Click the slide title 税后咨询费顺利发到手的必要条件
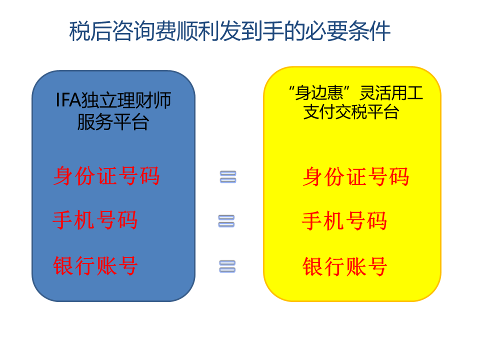coord(229,31)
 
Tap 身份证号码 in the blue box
coord(106,176)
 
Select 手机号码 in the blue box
coord(95,220)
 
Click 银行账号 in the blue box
coord(95,265)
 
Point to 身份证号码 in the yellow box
coord(356,176)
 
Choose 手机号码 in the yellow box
coord(344,220)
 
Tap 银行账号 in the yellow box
coord(344,266)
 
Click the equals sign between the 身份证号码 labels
coord(228,177)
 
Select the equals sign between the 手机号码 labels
coord(226,221)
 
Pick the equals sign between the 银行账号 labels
coord(227,266)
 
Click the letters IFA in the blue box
coord(68,100)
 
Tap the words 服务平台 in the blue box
coord(113,122)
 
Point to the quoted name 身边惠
coord(319,93)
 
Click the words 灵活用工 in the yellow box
coord(391,93)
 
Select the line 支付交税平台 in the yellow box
coord(351,111)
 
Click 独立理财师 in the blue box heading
coord(126,100)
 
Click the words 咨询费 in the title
coord(144,31)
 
